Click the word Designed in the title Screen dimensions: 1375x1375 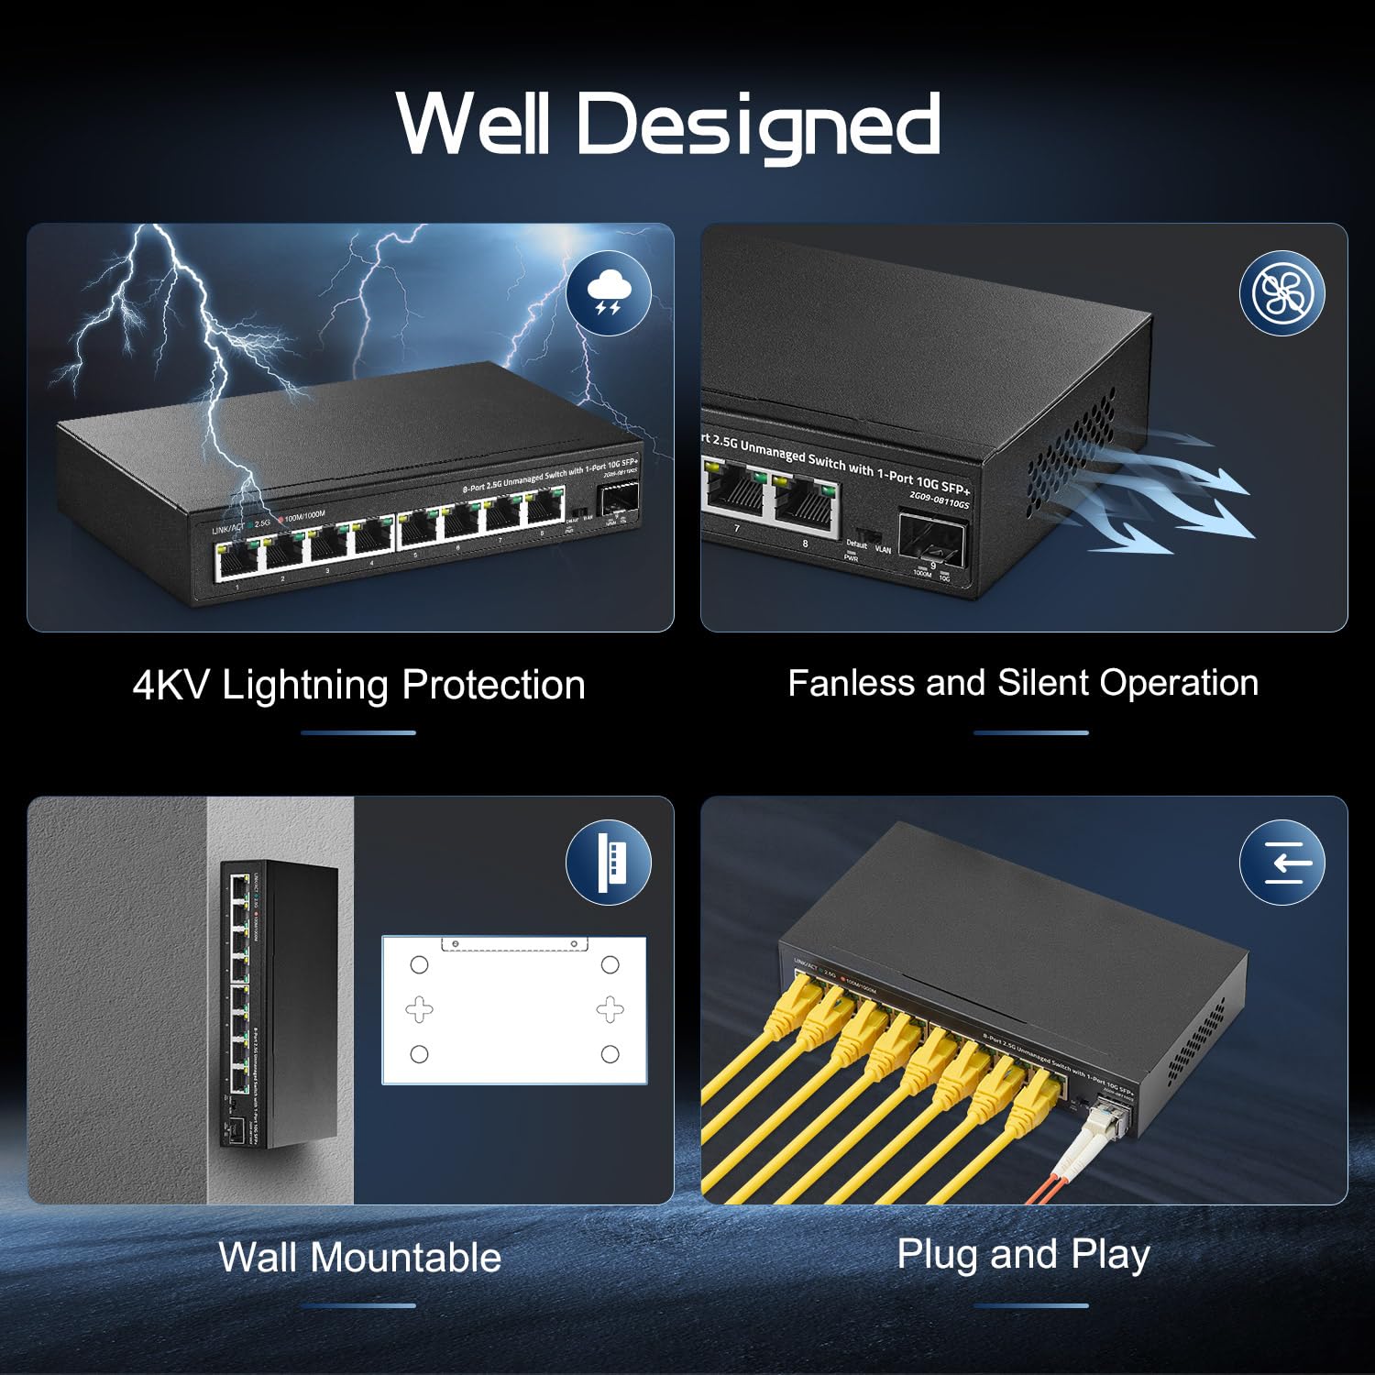click(758, 126)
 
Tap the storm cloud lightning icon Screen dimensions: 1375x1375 click(608, 292)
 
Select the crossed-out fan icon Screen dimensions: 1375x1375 click(1281, 292)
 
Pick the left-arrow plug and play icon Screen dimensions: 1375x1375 click(1281, 863)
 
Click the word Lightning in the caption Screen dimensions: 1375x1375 click(306, 685)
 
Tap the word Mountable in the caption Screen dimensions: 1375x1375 click(406, 1257)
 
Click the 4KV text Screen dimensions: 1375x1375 click(170, 685)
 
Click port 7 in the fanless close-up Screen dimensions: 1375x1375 click(733, 495)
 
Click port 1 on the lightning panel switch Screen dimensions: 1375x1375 click(237, 560)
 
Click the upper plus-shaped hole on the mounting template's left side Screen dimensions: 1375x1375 click(420, 1009)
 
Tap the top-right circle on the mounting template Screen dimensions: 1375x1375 click(610, 964)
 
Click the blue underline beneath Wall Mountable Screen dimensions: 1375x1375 click(358, 1305)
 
